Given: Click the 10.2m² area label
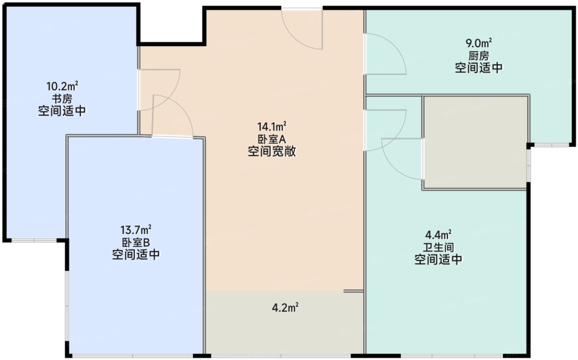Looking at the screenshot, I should tap(62, 87).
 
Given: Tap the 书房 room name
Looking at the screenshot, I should tap(62, 99).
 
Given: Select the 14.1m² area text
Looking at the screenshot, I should tap(272, 126).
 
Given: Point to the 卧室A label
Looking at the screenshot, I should tap(272, 139).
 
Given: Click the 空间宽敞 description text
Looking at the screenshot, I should tap(272, 152).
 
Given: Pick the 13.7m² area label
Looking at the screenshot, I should tap(136, 229).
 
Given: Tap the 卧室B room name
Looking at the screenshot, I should tap(136, 242).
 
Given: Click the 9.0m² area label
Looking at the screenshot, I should tap(479, 43).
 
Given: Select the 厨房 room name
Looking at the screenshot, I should tap(479, 55).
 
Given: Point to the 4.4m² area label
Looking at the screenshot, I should tap(438, 235).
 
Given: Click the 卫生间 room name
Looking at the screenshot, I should tap(438, 247).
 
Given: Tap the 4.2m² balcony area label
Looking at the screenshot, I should tap(285, 308).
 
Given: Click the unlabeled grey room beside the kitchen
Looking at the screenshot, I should tap(475, 142).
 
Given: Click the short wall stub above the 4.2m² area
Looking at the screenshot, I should tap(353, 291).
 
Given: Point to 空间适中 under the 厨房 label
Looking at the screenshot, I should tap(479, 68).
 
